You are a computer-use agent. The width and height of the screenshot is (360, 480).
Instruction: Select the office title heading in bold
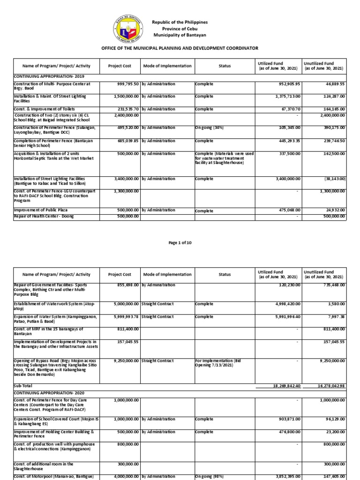[180, 48]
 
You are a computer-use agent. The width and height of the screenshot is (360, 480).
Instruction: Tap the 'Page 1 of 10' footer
[180, 242]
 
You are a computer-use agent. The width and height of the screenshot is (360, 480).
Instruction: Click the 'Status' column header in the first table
[225, 66]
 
